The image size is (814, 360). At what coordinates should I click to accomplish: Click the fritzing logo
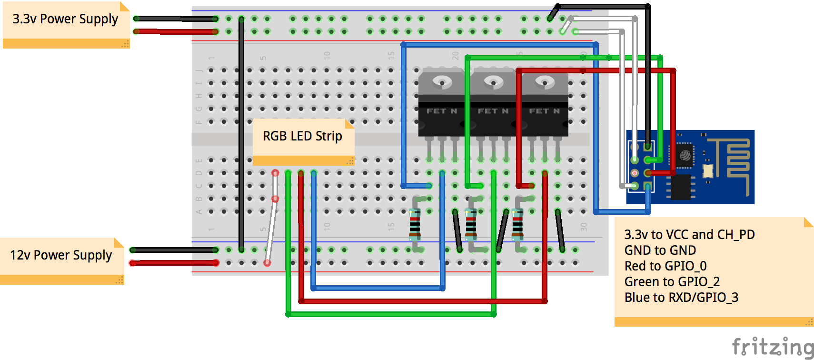click(772, 347)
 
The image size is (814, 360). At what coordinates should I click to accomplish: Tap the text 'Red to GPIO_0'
click(665, 266)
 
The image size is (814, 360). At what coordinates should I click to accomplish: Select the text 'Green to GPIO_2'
click(672, 281)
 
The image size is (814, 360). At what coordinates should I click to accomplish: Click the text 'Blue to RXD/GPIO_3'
click(681, 297)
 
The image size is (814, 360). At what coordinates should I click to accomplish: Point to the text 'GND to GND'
click(660, 250)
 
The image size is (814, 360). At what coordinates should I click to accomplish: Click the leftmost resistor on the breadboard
click(415, 224)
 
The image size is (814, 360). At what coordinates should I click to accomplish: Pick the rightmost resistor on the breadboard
click(518, 224)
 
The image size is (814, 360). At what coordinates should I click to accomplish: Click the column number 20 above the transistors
click(456, 55)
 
